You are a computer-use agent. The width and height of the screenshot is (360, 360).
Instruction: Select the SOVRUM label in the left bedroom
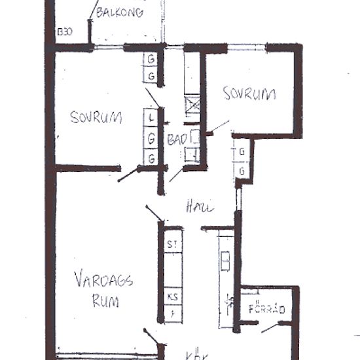pyautogui.click(x=96, y=117)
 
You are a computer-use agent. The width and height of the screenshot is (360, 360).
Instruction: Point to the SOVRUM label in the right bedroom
pyautogui.click(x=249, y=94)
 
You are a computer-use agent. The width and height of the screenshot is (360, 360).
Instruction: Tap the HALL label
pyautogui.click(x=200, y=206)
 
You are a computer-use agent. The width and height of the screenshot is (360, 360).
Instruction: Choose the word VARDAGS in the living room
pyautogui.click(x=103, y=282)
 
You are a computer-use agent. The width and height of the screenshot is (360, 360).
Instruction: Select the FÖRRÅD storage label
pyautogui.click(x=266, y=308)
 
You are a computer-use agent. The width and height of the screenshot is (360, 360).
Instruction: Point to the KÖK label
pyautogui.click(x=197, y=356)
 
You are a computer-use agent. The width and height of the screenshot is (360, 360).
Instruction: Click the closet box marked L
pyautogui.click(x=151, y=118)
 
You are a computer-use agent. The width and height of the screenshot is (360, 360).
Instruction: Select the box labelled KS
pyautogui.click(x=173, y=296)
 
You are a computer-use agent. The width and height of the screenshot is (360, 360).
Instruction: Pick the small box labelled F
pyautogui.click(x=173, y=314)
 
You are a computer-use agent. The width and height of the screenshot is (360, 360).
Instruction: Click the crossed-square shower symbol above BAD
pyautogui.click(x=192, y=106)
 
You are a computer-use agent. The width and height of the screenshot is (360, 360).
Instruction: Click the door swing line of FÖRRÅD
pyautogui.click(x=271, y=325)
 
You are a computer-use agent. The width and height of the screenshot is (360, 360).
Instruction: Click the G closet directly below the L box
pyautogui.click(x=151, y=138)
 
